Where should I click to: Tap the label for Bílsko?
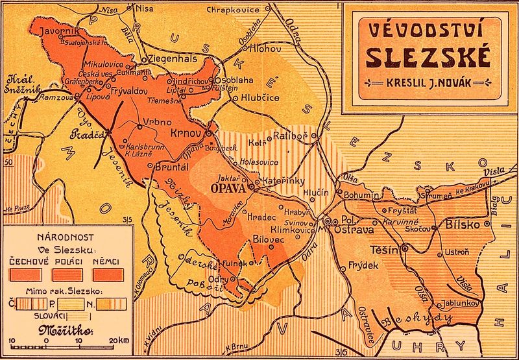pos(463,224)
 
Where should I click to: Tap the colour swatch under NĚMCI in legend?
pos(94,274)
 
